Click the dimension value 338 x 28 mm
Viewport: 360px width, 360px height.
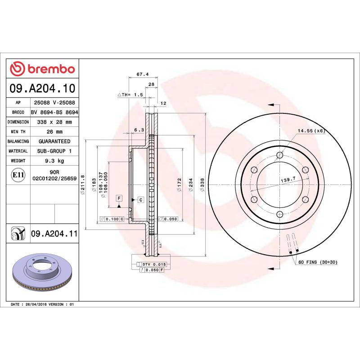point(54,122)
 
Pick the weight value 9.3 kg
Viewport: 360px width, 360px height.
point(54,161)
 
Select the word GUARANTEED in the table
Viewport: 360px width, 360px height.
point(54,141)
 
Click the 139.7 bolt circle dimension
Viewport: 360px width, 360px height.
point(288,180)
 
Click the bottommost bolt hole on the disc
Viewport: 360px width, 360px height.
point(279,214)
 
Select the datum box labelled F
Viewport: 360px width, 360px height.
point(119,198)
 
